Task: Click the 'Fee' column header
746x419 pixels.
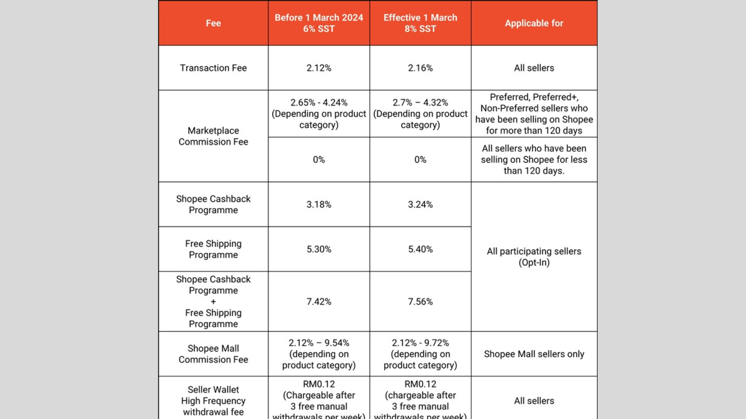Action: coord(213,23)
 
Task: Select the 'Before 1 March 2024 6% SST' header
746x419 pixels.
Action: coord(319,23)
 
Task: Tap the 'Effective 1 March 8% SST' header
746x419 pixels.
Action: coord(420,23)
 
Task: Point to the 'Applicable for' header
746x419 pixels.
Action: coord(534,23)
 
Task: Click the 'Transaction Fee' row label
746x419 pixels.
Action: coord(213,68)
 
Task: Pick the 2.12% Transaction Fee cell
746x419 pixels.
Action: coord(319,68)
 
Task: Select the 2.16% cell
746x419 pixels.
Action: coord(420,68)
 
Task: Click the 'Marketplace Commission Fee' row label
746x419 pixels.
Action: coord(213,136)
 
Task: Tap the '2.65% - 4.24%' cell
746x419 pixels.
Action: coord(319,113)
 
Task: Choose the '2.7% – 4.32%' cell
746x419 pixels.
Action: coord(420,113)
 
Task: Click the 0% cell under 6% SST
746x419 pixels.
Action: coord(319,160)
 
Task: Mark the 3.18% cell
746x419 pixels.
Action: coord(319,204)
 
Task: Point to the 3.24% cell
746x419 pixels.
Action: coord(420,204)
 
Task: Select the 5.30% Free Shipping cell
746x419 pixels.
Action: coord(319,249)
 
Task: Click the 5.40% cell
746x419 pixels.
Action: coord(420,249)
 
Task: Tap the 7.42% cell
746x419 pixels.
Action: coord(319,302)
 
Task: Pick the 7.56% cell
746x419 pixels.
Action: coord(420,302)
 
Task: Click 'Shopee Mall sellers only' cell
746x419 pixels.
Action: coord(534,354)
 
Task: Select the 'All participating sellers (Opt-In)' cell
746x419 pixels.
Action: coord(534,257)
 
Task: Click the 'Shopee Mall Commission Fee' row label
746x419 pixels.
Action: coord(213,354)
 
